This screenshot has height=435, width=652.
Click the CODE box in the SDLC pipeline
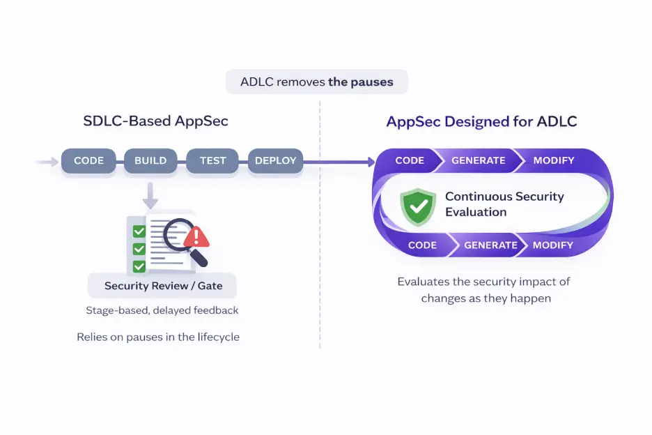click(x=88, y=160)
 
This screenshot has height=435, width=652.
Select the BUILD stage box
click(x=150, y=160)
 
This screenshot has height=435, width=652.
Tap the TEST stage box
click(x=212, y=160)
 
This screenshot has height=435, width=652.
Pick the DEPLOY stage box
click(x=275, y=160)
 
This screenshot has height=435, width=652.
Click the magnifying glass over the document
click(x=183, y=238)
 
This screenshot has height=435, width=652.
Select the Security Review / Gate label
click(x=162, y=286)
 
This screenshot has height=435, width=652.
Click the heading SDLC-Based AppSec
click(x=155, y=121)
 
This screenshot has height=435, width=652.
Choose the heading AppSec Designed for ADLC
click(x=481, y=122)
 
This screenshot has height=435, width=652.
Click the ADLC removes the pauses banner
click(x=317, y=82)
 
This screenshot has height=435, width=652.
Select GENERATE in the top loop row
click(x=478, y=160)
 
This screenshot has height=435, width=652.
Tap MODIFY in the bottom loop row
click(x=552, y=245)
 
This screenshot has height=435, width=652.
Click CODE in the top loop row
click(x=410, y=160)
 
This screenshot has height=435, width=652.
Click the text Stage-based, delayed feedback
click(x=162, y=310)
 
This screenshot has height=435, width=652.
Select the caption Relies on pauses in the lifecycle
click(x=158, y=337)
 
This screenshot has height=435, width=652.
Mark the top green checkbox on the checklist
click(x=139, y=231)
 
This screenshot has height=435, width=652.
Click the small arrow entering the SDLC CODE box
click(x=47, y=162)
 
